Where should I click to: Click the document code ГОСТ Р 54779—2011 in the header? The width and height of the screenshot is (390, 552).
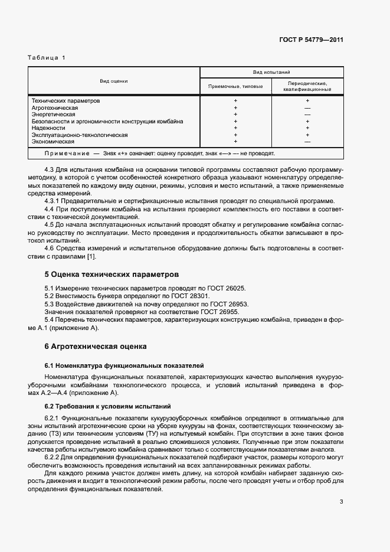(311, 40)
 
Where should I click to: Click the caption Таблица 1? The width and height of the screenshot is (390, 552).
(47, 57)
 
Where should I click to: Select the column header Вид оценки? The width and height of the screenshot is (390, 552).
(114, 81)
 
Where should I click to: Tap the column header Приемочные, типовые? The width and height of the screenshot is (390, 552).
(235, 86)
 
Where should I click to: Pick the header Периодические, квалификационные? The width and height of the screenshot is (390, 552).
(307, 86)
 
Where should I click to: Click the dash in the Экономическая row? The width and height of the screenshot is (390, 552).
(307, 142)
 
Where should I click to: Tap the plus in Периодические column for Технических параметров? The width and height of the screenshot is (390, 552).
(307, 101)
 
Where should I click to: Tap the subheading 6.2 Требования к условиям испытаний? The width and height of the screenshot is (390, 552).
(108, 406)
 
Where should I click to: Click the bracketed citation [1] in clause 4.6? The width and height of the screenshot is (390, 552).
(91, 256)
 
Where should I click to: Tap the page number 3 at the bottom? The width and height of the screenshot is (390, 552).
(341, 502)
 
